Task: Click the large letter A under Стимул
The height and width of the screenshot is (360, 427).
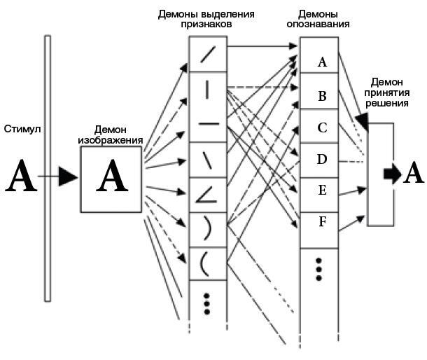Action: [20, 176]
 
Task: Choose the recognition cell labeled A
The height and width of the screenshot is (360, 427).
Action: [322, 62]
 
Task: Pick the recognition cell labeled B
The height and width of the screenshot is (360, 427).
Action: [322, 96]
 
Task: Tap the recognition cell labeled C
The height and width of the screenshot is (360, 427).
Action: [322, 127]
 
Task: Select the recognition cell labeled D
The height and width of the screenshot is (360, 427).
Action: [322, 159]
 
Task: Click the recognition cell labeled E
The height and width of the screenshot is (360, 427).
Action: [322, 191]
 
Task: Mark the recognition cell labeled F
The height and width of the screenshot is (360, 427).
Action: [322, 223]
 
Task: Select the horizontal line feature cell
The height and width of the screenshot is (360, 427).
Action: [209, 125]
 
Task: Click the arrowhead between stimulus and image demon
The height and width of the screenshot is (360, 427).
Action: [68, 177]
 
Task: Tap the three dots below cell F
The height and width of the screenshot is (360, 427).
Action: [318, 269]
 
